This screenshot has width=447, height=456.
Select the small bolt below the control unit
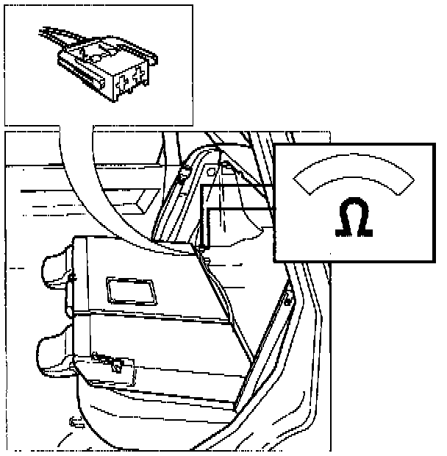(75, 422)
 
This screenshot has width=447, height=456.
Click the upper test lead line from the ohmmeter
(235, 188)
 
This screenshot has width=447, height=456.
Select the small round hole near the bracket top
(211, 170)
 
